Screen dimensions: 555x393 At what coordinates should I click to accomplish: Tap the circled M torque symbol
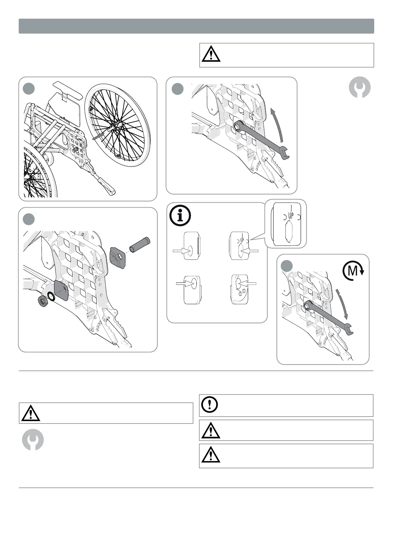point(353,271)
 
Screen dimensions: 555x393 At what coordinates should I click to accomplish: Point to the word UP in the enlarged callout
point(291,216)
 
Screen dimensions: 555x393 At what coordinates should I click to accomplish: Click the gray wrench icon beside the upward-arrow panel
point(360,87)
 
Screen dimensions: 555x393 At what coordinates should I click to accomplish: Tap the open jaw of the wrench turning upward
point(284,152)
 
